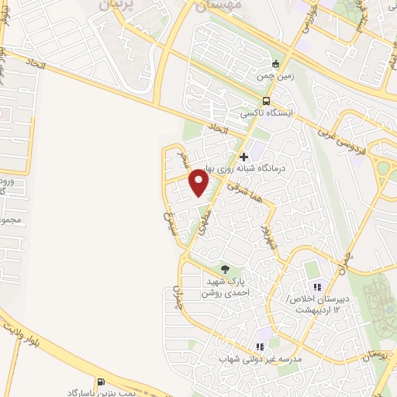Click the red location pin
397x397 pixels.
[199, 183]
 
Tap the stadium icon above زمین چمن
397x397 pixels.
[274, 64]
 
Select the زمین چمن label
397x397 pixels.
[274, 77]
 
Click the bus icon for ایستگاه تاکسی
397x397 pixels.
[267, 101]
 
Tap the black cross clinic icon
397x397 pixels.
[243, 156]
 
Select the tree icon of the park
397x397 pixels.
[225, 269]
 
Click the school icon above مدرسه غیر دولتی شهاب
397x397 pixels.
[260, 347]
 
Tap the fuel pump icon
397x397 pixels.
[101, 381]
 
